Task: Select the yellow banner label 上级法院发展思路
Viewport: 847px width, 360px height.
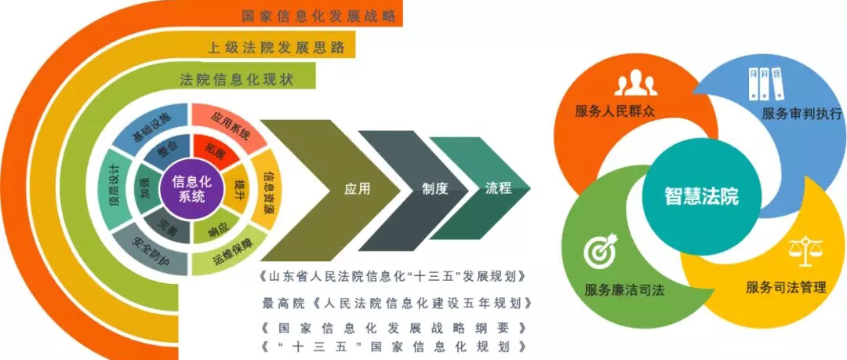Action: [x=275, y=47]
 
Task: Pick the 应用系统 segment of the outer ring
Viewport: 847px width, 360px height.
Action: [x=231, y=128]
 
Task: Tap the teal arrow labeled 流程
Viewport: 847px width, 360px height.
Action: [x=498, y=189]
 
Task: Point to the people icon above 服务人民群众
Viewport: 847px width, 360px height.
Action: [x=634, y=84]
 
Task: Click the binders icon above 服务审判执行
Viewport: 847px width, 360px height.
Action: [x=765, y=81]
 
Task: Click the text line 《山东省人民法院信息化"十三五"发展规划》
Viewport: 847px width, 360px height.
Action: [x=391, y=277]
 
